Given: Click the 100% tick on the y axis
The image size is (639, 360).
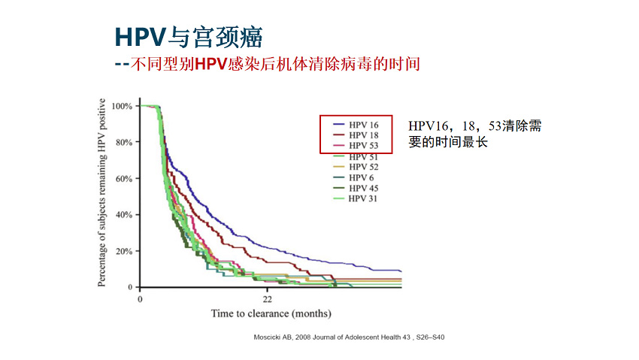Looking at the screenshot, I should pyautogui.click(x=122, y=106).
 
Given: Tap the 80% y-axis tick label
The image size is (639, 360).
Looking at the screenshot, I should pyautogui.click(x=124, y=142).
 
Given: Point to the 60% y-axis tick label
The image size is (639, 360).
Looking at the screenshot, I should pyautogui.click(x=124, y=179).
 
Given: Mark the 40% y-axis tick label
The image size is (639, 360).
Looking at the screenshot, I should pyautogui.click(x=124, y=215).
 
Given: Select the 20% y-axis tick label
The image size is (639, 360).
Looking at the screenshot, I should pyautogui.click(x=124, y=251).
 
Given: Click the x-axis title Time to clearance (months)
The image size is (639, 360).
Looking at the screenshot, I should pyautogui.click(x=271, y=313).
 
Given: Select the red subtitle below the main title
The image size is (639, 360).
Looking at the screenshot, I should pyautogui.click(x=266, y=64).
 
